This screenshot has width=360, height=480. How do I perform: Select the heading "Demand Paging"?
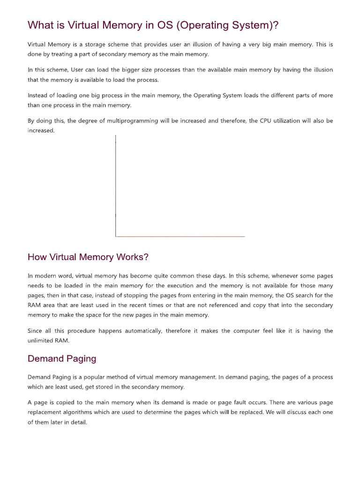(x=62, y=359)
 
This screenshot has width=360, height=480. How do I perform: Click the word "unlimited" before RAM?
(x=42, y=341)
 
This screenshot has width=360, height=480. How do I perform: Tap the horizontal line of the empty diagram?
(x=180, y=236)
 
